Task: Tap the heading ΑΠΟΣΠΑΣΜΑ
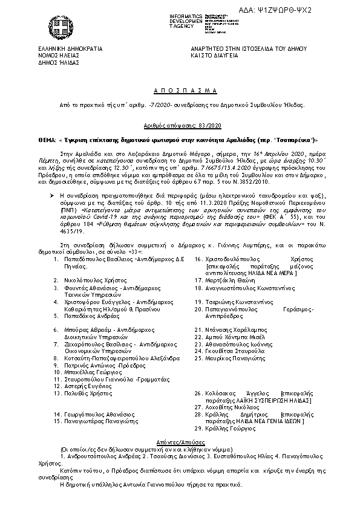point(180,89)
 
